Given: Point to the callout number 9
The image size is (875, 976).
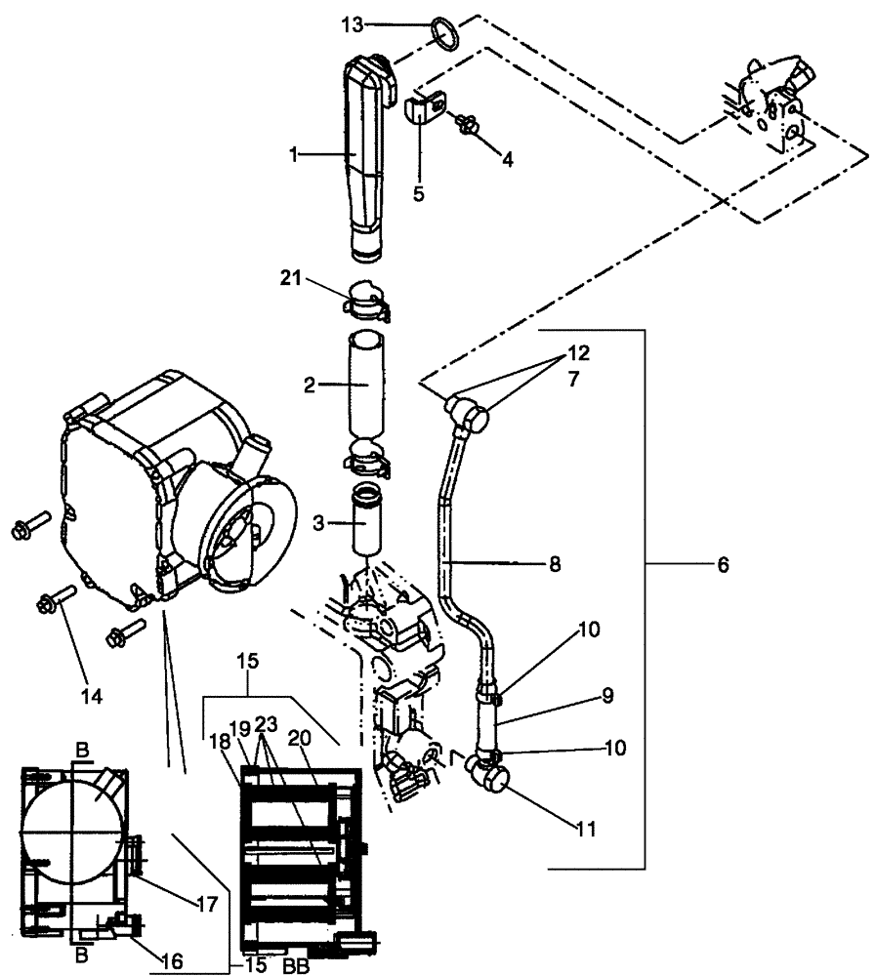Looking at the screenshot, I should pyautogui.click(x=606, y=696).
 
